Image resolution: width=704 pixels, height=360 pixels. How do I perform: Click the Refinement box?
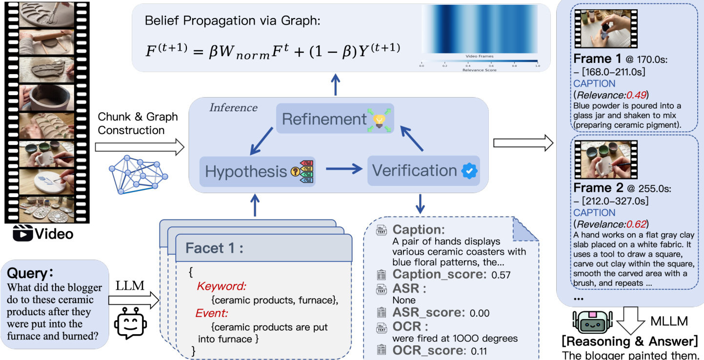(335, 119)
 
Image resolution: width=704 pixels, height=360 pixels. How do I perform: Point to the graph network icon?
(138, 174)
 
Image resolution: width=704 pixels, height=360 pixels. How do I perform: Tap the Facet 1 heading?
(214, 249)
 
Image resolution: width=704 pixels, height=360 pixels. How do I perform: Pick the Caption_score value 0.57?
(501, 275)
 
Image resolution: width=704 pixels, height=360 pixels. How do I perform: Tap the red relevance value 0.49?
(637, 95)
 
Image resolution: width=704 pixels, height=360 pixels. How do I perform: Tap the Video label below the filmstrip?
(54, 234)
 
